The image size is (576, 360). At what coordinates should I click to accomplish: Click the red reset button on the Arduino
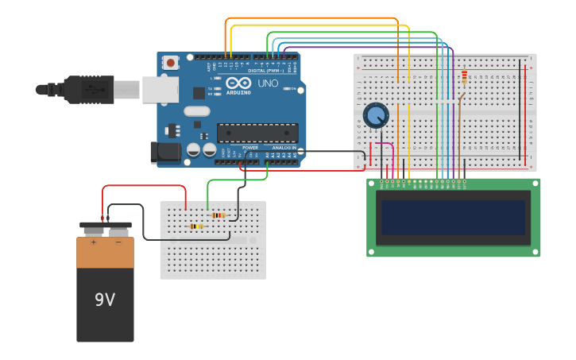(171, 62)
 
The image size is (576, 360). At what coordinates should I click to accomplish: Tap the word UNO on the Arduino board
(268, 83)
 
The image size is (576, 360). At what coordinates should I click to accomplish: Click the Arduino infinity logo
(238, 83)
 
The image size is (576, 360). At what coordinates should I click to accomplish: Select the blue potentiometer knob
(376, 116)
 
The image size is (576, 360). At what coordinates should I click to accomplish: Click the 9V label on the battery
(105, 300)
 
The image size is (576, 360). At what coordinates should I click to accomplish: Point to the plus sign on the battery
(94, 242)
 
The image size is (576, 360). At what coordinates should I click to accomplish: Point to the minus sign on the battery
(118, 242)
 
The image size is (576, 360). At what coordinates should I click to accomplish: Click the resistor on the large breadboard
(464, 77)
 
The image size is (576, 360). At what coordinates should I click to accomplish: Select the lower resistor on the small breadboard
(196, 226)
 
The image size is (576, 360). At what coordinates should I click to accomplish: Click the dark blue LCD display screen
(453, 217)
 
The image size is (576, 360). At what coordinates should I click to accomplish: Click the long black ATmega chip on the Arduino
(257, 133)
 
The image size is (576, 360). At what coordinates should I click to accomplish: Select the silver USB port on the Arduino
(160, 89)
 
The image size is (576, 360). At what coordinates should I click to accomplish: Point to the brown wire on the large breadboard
(459, 135)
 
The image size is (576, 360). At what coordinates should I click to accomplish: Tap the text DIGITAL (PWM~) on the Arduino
(266, 71)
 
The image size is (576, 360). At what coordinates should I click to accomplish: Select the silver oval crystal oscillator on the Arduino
(198, 111)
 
